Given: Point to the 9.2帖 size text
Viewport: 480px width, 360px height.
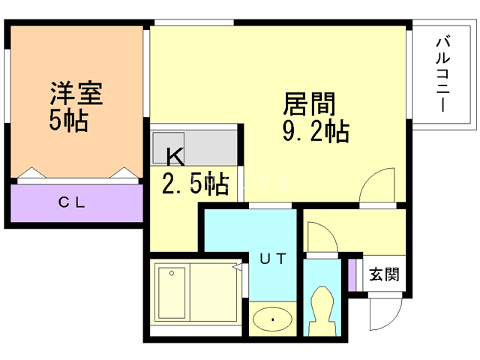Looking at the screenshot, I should [315, 132].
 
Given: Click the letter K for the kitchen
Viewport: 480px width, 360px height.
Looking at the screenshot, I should [174, 156].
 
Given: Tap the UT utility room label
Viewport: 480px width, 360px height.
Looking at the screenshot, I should [272, 259].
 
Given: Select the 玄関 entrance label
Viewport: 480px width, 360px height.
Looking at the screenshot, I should [385, 274].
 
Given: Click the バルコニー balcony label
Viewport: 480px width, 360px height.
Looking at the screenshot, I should [442, 75].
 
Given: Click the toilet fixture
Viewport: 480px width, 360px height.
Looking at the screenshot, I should [324, 311].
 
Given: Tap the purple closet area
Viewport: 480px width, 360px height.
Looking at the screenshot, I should [76, 202].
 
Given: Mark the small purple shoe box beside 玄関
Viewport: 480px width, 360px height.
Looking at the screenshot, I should [352, 274].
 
